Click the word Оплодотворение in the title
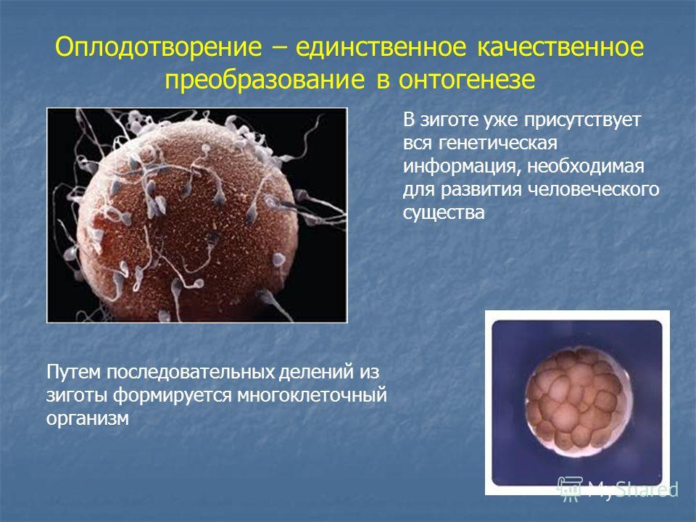159,47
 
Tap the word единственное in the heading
381,48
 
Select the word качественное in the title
560,47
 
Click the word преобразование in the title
265,80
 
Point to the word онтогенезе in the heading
466,80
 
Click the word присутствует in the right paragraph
582,120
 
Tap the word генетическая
498,143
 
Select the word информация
462,166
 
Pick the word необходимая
586,165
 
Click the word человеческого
594,189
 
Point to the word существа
444,212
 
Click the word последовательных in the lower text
191,372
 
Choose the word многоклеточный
312,395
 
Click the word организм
88,418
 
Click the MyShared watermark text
633,489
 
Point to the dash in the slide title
278,48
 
